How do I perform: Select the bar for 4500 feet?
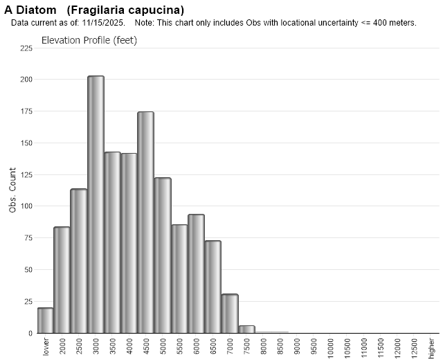tap(145, 222)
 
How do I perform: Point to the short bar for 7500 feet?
tap(246, 329)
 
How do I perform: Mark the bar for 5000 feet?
tap(163, 255)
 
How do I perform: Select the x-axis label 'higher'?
tap(431, 344)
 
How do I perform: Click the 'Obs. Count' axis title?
tap(12, 190)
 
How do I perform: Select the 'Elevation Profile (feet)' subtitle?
tap(89, 40)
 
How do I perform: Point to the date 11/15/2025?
tap(107, 23)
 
